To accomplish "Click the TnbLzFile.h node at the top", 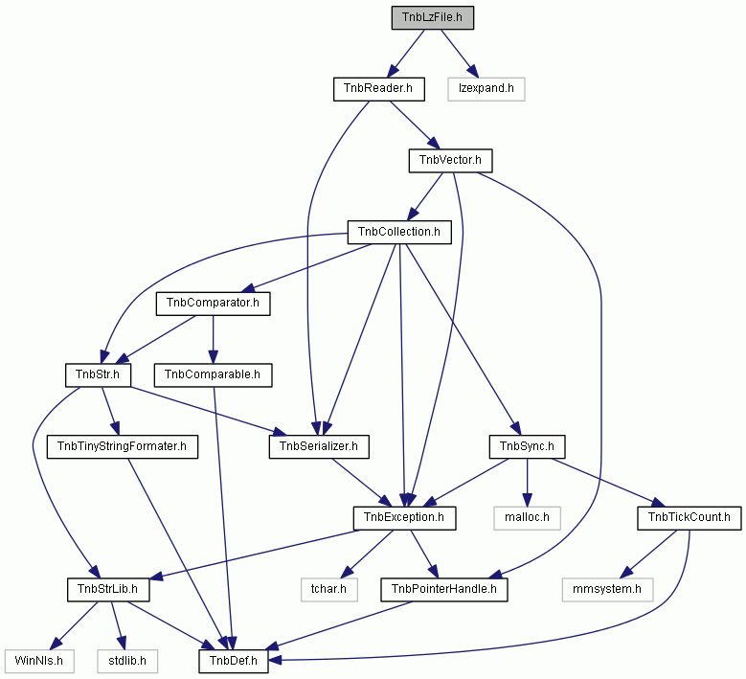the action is (433, 17).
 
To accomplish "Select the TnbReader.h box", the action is (378, 89).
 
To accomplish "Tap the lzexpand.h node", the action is (486, 89).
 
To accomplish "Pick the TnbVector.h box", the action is (450, 161).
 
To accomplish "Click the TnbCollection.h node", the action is (399, 232).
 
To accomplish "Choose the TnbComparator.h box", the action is (214, 304).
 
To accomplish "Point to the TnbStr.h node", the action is (98, 375).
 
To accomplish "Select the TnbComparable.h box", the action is (214, 375).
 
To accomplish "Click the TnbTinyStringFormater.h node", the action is (123, 447).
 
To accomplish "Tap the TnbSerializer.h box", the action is (319, 447).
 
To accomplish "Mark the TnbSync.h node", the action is (527, 447).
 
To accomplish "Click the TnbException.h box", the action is (404, 518).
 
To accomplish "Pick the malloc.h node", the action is (527, 518).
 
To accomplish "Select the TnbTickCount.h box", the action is (689, 518).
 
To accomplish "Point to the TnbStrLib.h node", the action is (108, 590).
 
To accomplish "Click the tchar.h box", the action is (329, 590).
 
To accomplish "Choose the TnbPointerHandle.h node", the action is (444, 590).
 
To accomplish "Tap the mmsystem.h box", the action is (607, 590).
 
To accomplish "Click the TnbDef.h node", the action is (234, 661).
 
